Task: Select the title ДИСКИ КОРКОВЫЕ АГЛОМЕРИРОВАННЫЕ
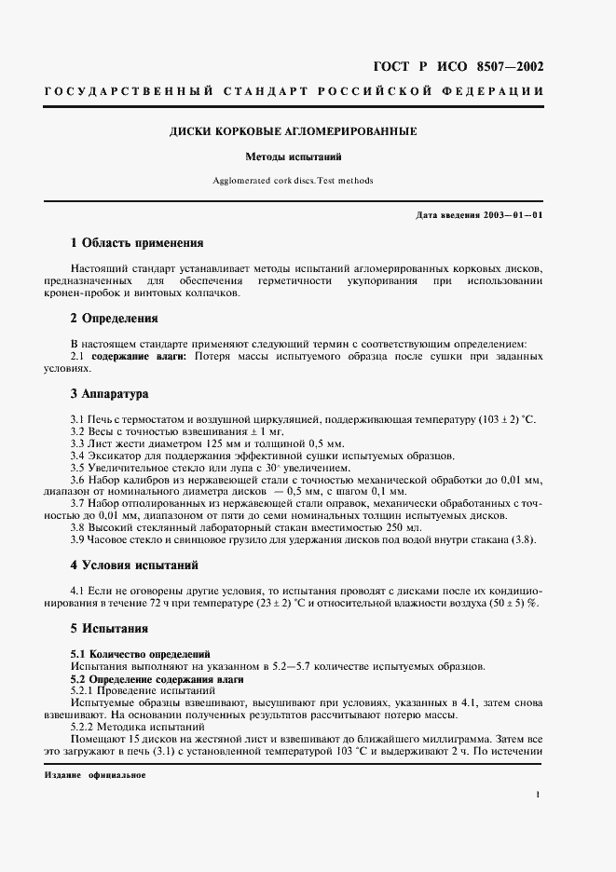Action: tap(293, 131)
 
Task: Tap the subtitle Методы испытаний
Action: tap(293, 157)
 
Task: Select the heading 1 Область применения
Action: tap(137, 243)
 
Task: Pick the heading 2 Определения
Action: tap(115, 318)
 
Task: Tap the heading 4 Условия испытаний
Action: tap(134, 565)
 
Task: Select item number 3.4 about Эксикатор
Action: tap(79, 455)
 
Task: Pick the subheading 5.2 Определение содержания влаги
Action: tap(157, 679)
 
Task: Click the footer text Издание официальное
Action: tap(95, 775)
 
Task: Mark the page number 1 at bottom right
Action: tap(539, 794)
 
